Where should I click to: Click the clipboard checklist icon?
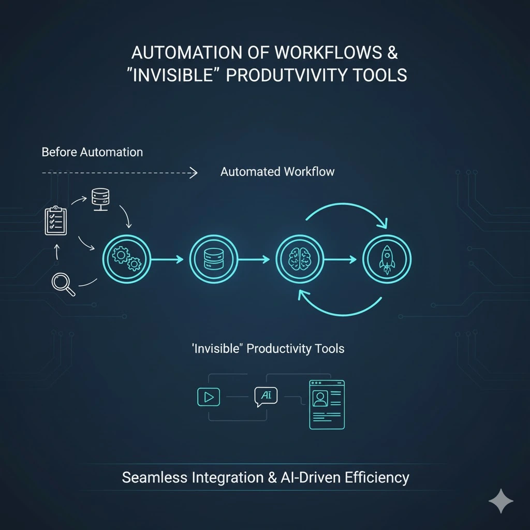pos(56,221)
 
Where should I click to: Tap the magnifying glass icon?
pos(63,284)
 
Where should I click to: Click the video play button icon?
pos(209,397)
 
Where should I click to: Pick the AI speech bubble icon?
pos(266,396)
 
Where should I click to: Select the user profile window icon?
pos(327,404)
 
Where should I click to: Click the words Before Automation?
pos(92,152)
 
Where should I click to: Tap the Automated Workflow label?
pos(277,172)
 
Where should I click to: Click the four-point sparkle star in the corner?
pos(501,502)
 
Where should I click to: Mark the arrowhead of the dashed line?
pos(194,173)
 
